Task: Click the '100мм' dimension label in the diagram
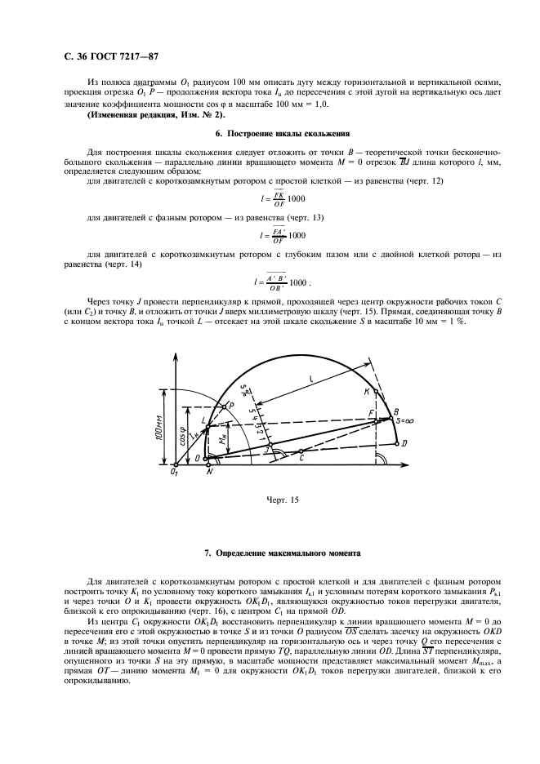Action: click(x=156, y=425)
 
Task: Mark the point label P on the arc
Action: click(x=231, y=404)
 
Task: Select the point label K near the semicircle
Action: click(x=366, y=393)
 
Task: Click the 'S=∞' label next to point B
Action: click(x=405, y=420)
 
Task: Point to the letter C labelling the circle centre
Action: click(x=302, y=460)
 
